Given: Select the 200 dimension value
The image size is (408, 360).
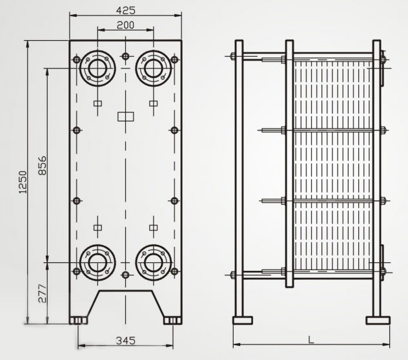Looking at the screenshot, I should point(125,25).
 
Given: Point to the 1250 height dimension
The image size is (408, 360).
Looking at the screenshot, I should point(23,182).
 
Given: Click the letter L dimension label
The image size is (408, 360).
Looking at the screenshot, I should point(311,339).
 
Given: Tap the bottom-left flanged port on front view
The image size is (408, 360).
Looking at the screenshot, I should point(97,263).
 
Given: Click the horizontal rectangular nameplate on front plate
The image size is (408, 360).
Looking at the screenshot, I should point(125,117).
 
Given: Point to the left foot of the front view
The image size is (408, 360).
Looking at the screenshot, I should point(78,320).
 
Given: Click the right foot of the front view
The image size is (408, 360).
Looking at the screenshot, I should point(172,320).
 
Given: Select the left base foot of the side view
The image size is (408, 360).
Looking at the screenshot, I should point(242,320).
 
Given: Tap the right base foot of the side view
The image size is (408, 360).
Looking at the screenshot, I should point(378,320).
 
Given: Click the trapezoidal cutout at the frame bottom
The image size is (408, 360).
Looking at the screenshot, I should point(125,304).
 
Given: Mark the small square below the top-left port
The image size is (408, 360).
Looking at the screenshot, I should point(97,103).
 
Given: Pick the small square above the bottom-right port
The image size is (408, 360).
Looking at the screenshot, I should point(154,226).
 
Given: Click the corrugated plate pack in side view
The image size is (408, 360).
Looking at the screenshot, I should point(332,165).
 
